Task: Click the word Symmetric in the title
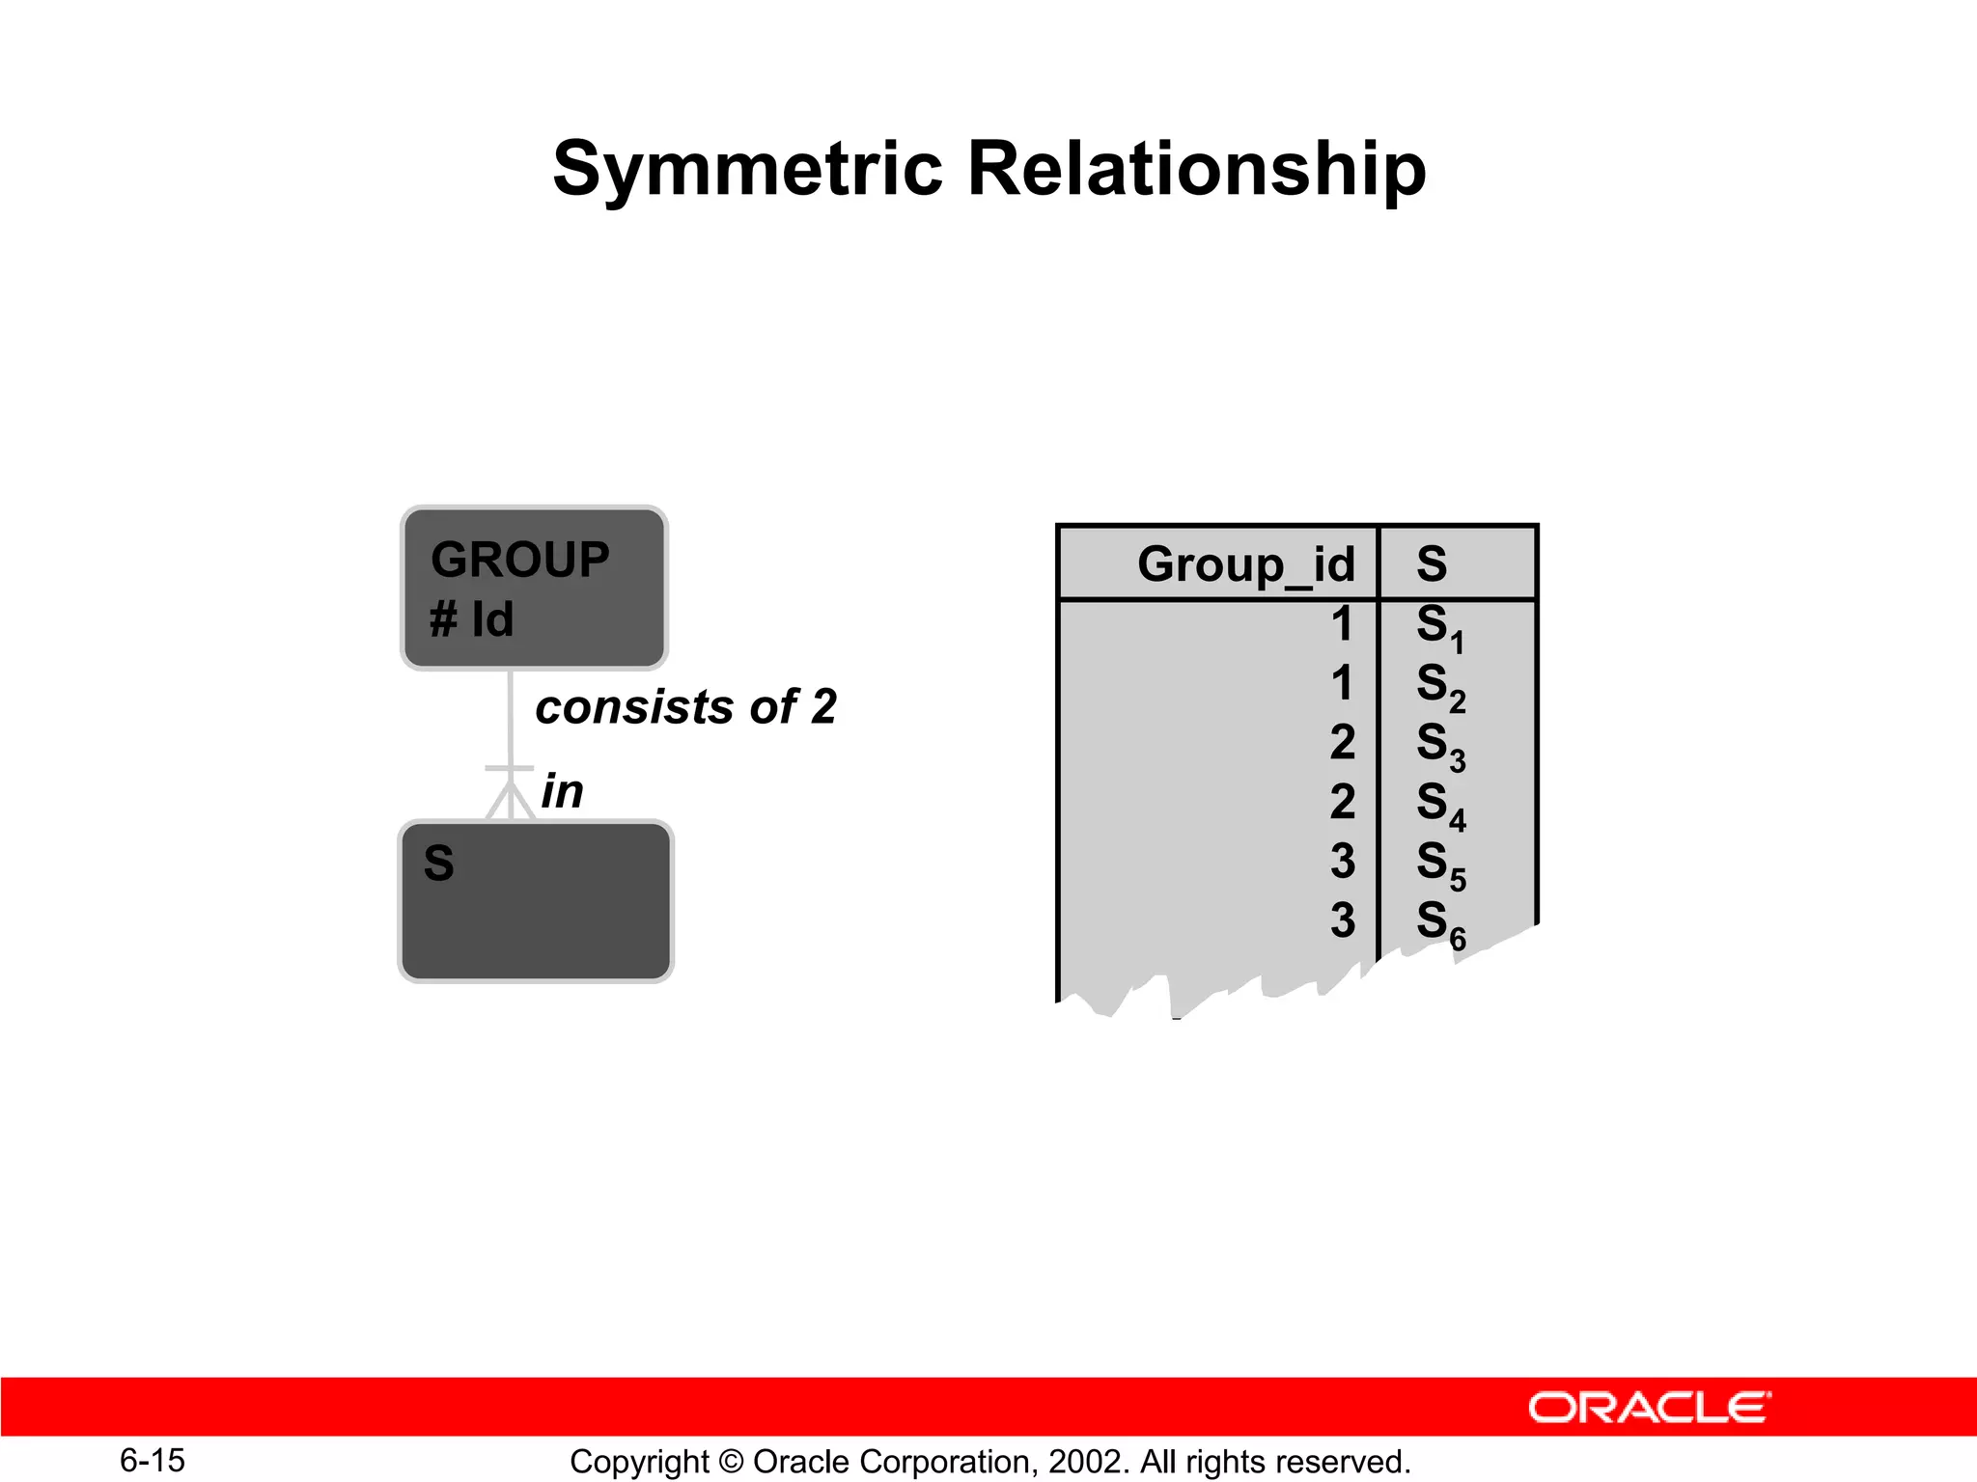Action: [747, 170]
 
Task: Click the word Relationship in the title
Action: [1196, 170]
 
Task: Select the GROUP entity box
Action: [534, 588]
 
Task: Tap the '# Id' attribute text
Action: [471, 619]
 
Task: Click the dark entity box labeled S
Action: [536, 902]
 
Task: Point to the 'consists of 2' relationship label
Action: [685, 707]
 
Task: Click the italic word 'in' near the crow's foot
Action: [562, 792]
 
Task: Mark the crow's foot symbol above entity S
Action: [510, 794]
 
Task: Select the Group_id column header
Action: [1245, 564]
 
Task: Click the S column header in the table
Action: [1432, 563]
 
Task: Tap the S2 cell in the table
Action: [1439, 686]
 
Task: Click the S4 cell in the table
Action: [1439, 805]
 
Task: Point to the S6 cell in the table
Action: [1439, 923]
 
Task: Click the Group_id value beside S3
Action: [1342, 743]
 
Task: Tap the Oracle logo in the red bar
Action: [1649, 1408]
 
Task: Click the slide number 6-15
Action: [153, 1460]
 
